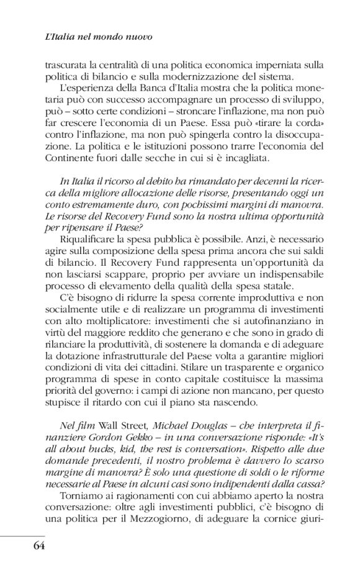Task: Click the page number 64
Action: click(x=35, y=546)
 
